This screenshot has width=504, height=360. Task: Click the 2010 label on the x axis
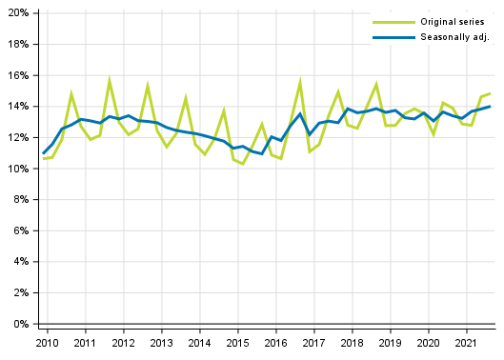point(46,343)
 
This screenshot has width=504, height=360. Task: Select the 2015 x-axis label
point(237,343)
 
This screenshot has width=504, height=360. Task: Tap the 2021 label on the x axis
point(467,343)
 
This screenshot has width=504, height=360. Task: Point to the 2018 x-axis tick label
point(352,343)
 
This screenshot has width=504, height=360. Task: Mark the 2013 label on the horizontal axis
point(160,343)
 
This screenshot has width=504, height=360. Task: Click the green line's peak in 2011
point(110,80)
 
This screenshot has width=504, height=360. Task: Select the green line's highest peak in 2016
point(300,82)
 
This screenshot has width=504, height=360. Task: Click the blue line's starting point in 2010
point(43,153)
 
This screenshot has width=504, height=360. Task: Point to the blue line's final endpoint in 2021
point(491,106)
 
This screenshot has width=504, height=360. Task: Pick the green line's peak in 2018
point(376,84)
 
